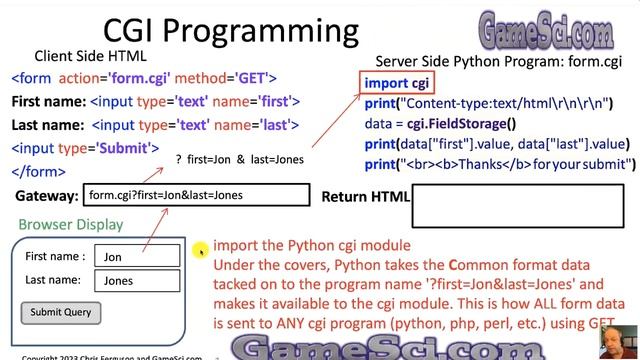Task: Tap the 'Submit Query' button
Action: click(x=60, y=312)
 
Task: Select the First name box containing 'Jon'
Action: click(x=136, y=257)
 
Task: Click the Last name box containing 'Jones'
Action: click(x=136, y=281)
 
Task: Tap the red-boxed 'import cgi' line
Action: click(x=397, y=83)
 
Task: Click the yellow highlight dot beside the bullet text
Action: click(x=200, y=249)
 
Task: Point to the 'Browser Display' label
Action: click(x=71, y=225)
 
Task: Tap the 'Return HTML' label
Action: click(x=365, y=197)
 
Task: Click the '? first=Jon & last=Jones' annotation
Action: click(x=239, y=160)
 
